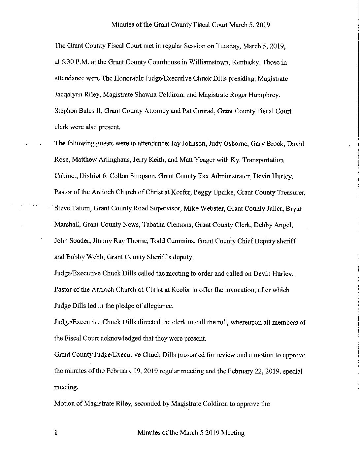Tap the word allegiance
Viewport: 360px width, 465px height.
157,306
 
